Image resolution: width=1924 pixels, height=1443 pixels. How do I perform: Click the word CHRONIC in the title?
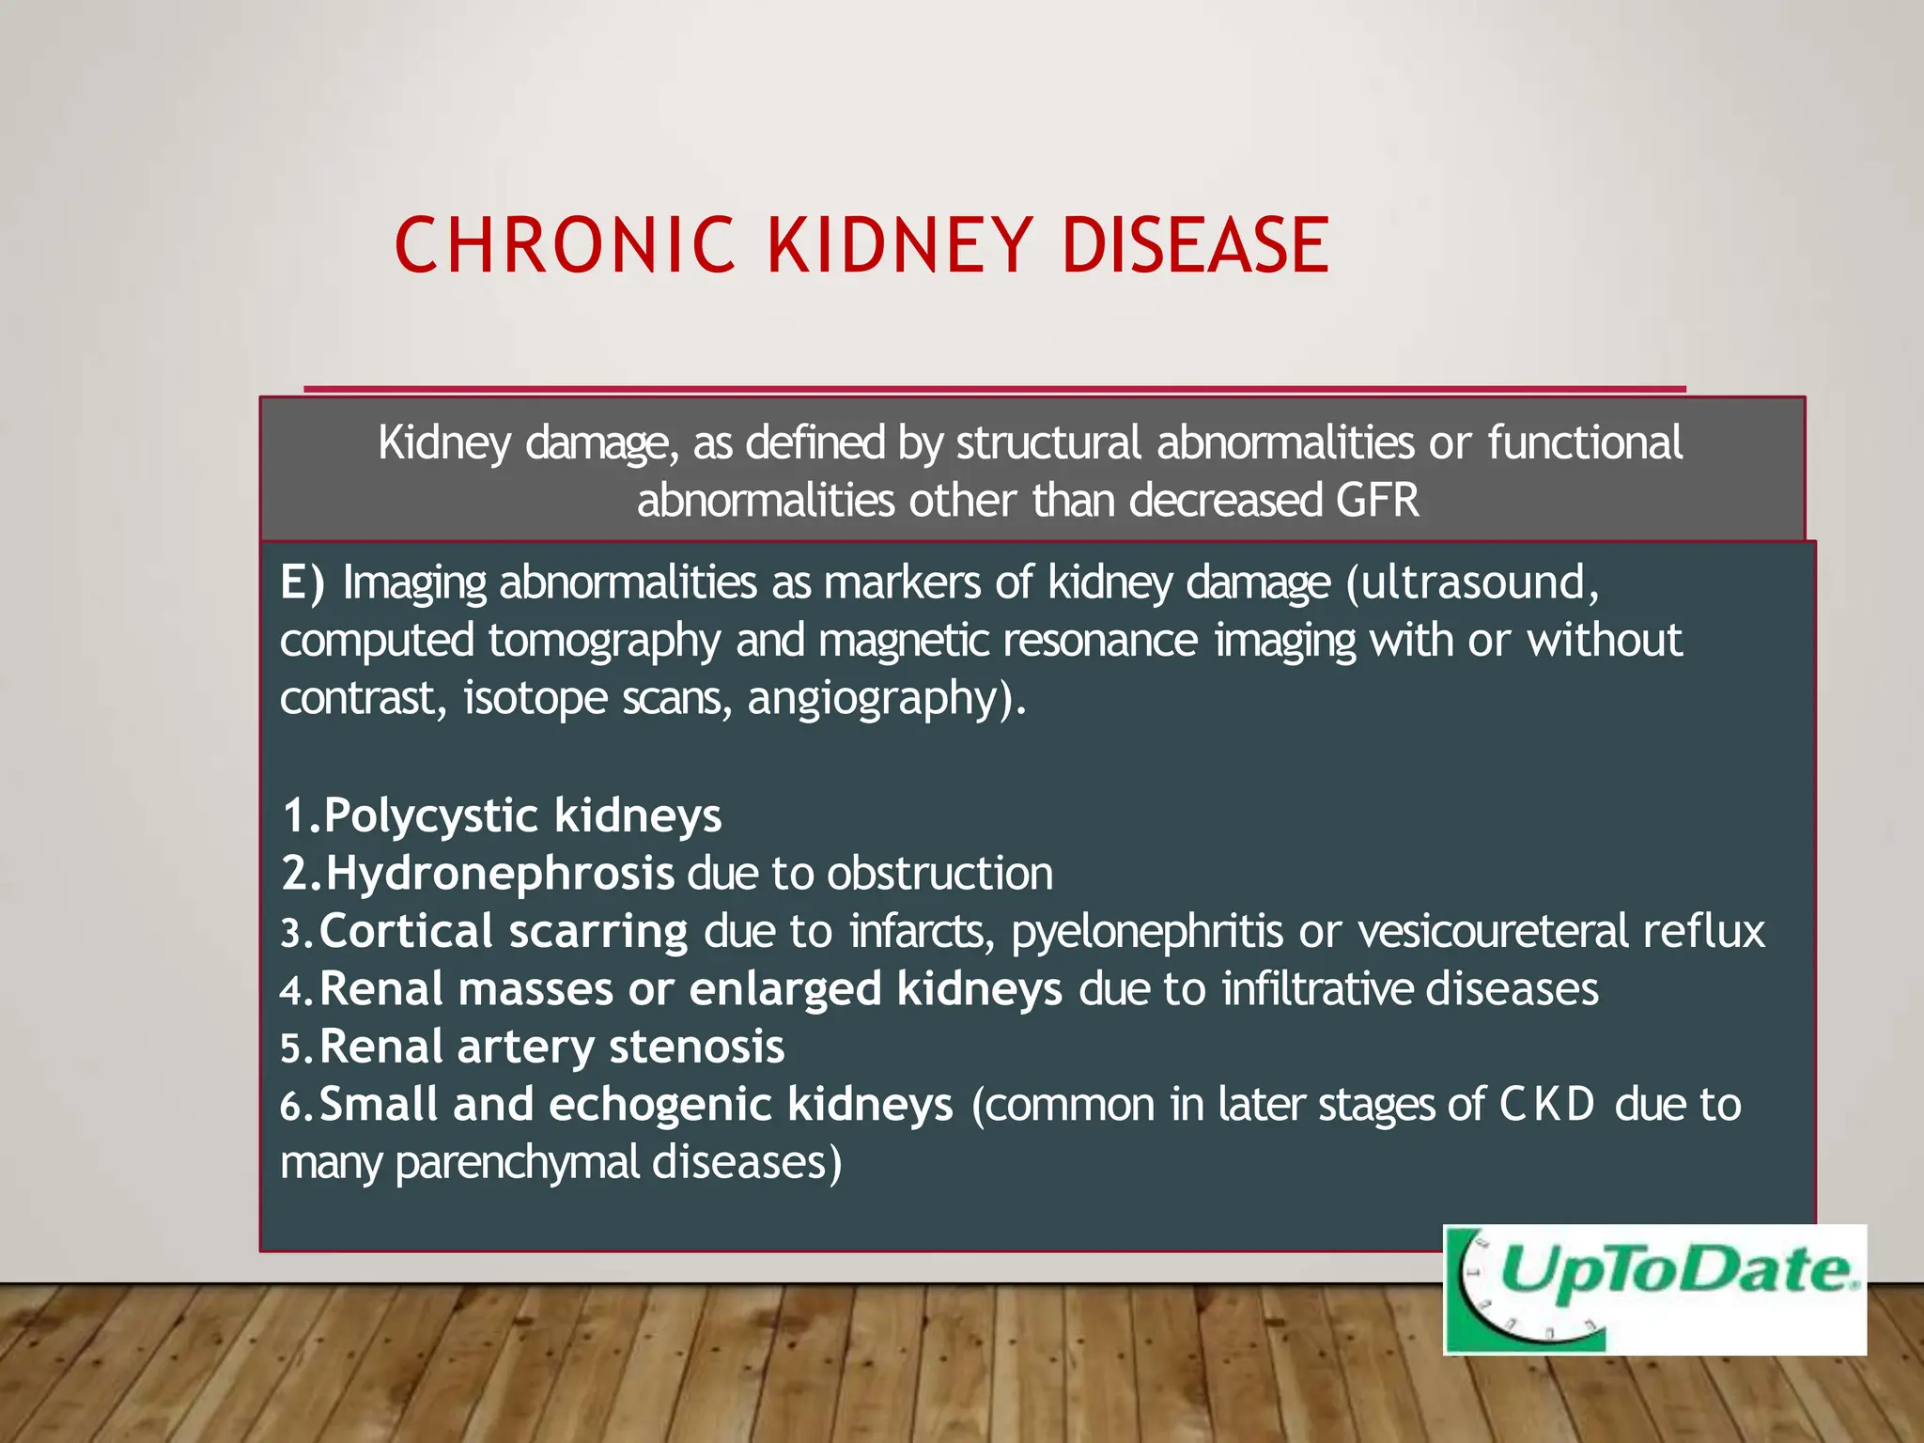564,245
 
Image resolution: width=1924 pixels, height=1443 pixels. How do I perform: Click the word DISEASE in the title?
1195,245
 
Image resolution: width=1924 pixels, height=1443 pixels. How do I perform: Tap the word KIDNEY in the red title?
900,245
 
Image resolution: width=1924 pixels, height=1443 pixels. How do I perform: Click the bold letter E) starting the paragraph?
302,582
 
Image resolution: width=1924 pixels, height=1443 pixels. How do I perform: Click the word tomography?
604,641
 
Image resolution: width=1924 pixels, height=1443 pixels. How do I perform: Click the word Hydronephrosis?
500,874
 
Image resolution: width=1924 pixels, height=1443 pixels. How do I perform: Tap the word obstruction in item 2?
940,874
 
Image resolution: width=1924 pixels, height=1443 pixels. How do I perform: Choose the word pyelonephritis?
1147,932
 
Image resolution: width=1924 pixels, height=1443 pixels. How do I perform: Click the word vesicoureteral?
1493,932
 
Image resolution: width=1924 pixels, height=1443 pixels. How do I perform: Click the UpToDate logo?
1654,1289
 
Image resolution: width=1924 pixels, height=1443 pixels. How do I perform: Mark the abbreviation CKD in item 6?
1546,1105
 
